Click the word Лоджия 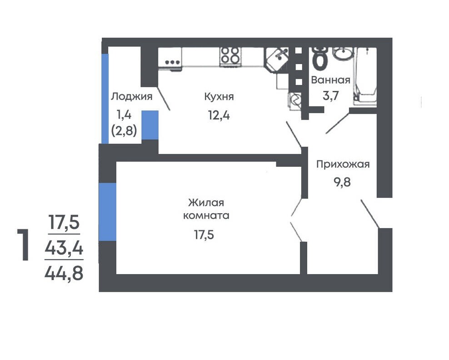132,96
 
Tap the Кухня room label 219,97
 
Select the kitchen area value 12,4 219,115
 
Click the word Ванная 331,80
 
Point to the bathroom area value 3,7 331,95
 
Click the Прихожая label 343,165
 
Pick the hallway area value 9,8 342,182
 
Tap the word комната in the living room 206,215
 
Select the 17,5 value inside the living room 204,235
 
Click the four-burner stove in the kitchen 230,56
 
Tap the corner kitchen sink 277,59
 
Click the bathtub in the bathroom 365,75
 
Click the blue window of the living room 108,212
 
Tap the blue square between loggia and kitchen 150,125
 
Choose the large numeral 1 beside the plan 24,245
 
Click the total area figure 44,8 64,273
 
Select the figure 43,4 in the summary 64,248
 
